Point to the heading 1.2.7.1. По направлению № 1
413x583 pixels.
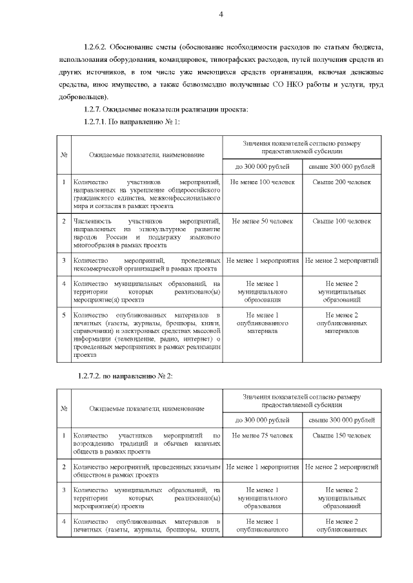(129, 122)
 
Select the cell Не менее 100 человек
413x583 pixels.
(262, 182)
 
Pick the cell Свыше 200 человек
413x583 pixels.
(341, 182)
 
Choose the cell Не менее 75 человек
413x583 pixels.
(262, 436)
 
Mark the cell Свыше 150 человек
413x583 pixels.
(341, 436)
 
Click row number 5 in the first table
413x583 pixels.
(64, 314)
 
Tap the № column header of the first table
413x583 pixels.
(64, 155)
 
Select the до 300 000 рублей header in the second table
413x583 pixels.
(262, 420)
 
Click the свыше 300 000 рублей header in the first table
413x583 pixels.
(341, 167)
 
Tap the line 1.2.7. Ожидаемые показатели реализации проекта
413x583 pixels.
(165, 110)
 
